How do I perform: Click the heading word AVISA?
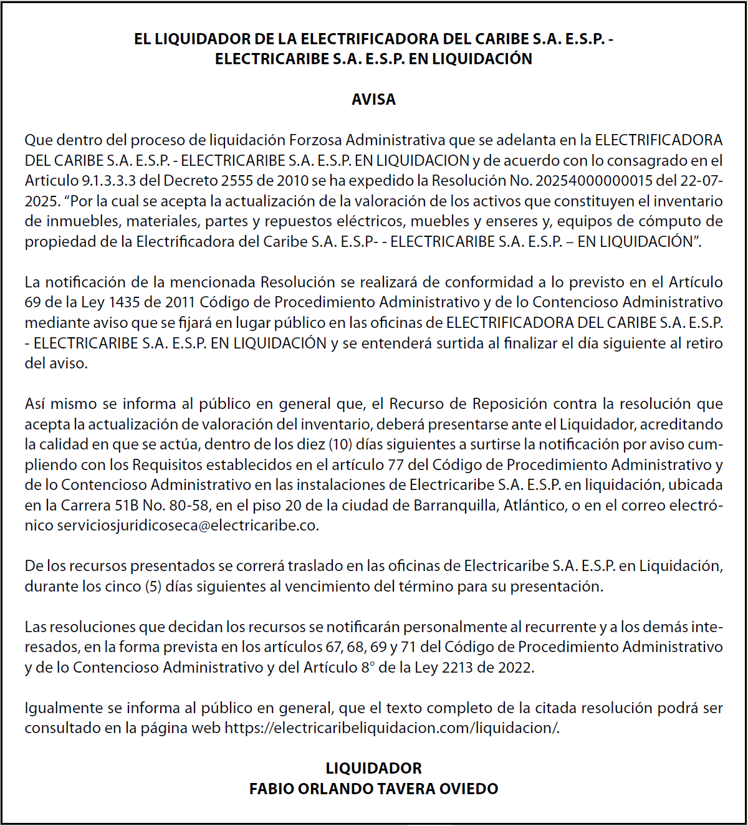(373, 99)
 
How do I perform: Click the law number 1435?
(124, 302)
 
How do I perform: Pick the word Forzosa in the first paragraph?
(315, 140)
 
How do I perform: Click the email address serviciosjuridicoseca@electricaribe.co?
(187, 526)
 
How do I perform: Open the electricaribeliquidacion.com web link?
(391, 728)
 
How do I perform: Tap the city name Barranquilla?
(454, 505)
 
